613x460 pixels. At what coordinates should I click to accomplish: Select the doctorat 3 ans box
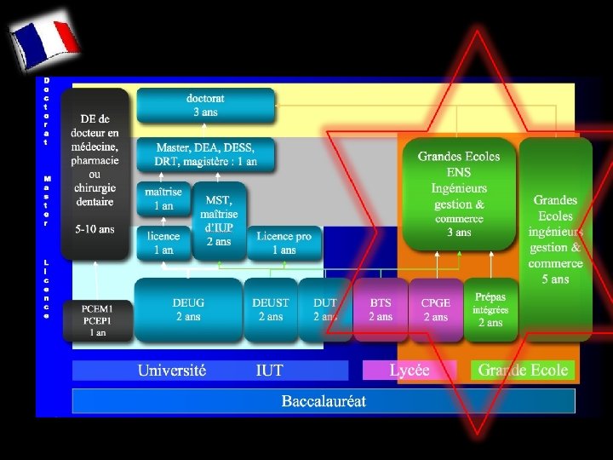pos(205,106)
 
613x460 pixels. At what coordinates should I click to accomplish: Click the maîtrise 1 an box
pos(163,199)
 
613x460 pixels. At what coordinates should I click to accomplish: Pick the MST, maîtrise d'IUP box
pos(220,220)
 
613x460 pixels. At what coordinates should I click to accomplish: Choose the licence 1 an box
pos(163,243)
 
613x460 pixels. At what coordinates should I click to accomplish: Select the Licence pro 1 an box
pos(284,243)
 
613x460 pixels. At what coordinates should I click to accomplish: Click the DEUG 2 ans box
pos(188,309)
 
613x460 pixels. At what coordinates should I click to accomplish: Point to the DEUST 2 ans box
pos(271,309)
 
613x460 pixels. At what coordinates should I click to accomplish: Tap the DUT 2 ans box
pos(325,309)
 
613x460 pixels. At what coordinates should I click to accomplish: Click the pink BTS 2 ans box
pos(381,309)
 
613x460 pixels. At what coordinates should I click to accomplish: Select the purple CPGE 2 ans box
pos(435,310)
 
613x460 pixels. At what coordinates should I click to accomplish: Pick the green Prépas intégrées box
pos(490,309)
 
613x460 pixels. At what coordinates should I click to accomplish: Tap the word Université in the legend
pos(172,371)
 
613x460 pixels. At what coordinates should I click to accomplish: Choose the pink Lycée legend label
pos(410,371)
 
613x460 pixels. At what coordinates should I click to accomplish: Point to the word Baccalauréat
pos(324,400)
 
